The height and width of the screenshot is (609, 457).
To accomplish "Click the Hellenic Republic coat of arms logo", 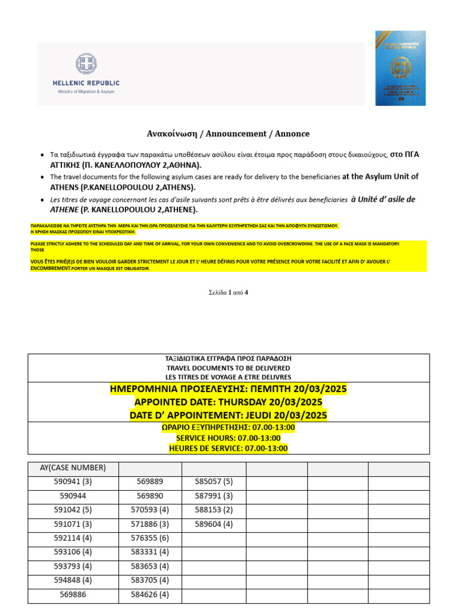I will click(86, 65).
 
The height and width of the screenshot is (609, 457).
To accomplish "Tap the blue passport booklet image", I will click(400, 68).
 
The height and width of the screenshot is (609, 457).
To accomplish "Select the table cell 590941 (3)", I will click(73, 482).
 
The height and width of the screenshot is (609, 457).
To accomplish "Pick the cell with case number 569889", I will click(150, 482).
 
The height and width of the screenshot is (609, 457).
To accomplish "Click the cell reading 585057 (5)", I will click(214, 482).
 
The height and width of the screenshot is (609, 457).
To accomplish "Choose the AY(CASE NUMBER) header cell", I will click(73, 467).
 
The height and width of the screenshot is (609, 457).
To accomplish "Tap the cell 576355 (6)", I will click(150, 538).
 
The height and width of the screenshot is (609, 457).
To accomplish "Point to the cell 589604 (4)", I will click(214, 524).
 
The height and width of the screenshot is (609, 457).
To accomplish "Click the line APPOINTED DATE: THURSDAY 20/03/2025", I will click(228, 402).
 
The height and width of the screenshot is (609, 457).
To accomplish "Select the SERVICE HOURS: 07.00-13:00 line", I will click(228, 438).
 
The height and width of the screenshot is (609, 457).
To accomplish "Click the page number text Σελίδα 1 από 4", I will click(228, 292).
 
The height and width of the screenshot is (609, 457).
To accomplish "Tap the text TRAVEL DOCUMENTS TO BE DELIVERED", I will click(228, 368).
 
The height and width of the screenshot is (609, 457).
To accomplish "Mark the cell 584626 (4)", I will click(150, 594).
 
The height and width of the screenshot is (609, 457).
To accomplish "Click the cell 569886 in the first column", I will click(73, 594).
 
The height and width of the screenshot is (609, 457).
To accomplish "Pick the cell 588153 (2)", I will click(214, 510).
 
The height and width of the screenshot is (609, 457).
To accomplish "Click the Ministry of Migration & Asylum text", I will click(86, 92).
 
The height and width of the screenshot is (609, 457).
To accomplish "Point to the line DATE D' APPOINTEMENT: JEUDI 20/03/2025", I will click(228, 415).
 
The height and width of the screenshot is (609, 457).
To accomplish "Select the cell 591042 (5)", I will click(73, 510).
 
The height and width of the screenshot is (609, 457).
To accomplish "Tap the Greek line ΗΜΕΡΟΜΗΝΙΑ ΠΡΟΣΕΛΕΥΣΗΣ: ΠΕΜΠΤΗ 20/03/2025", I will click(228, 389).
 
